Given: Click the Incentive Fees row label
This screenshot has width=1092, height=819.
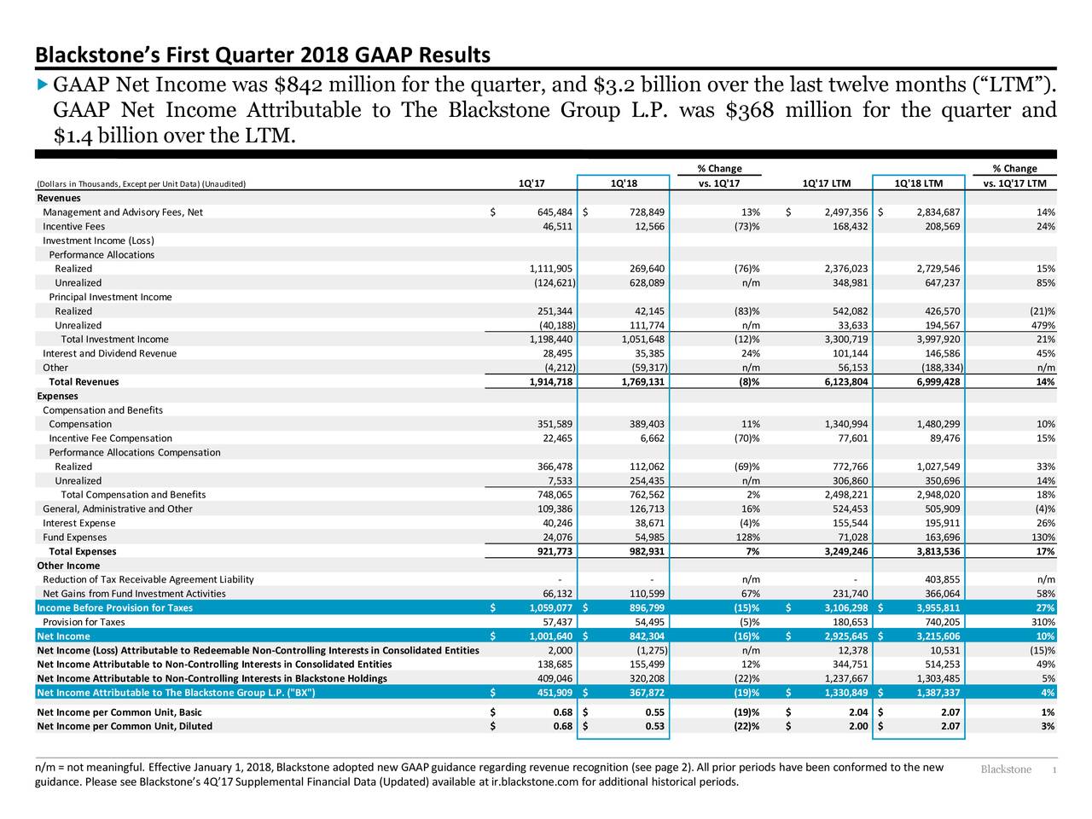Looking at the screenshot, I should point(74,226).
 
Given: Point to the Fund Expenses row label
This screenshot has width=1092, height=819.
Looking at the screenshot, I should point(75,537).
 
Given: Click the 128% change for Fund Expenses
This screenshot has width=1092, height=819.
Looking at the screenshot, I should point(746,537).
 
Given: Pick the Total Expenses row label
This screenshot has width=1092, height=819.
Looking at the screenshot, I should point(83,551).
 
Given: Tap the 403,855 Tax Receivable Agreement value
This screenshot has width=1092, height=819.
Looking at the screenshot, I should point(942,579).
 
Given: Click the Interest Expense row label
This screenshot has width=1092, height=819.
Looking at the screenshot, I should point(78,523).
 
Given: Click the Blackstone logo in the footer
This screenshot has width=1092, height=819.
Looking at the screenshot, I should point(1006,770).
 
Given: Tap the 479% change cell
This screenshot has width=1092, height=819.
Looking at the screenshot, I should point(1041,325).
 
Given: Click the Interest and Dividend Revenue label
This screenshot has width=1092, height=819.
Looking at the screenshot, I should point(109,353).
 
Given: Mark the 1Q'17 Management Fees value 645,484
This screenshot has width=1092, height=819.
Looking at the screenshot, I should point(550,212).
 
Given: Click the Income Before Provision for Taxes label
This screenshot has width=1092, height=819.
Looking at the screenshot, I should point(114,607).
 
